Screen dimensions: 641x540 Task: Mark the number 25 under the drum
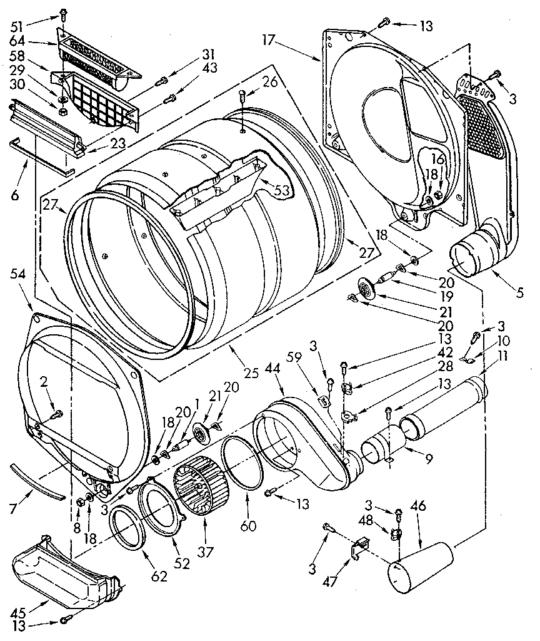pyautogui.click(x=251, y=374)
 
